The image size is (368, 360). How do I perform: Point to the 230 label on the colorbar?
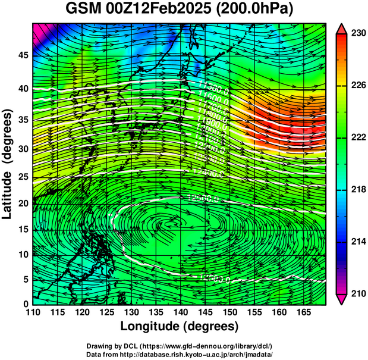pyautogui.click(x=357, y=34)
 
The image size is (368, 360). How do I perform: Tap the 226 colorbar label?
pyautogui.click(x=357, y=86)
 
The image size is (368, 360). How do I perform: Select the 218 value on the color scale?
pyautogui.click(x=357, y=189)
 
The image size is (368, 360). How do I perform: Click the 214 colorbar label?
pyautogui.click(x=357, y=242)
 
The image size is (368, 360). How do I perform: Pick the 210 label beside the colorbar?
pyautogui.click(x=357, y=293)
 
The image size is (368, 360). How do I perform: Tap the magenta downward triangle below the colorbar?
pyautogui.click(x=342, y=299)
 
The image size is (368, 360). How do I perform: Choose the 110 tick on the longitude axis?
pyautogui.click(x=33, y=312)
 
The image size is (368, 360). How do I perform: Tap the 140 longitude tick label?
pyautogui.click(x=180, y=312)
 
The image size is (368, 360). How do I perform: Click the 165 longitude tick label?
pyautogui.click(x=301, y=312)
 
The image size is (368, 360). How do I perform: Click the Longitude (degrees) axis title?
pyautogui.click(x=180, y=326)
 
